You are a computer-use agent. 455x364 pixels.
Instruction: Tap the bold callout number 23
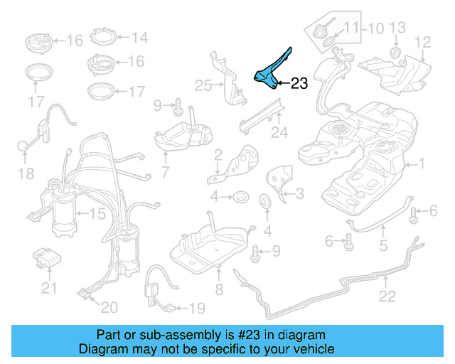pyautogui.click(x=299, y=84)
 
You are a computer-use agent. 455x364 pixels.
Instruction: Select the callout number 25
pyautogui.click(x=203, y=86)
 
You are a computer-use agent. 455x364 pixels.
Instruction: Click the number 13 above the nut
pyautogui.click(x=397, y=28)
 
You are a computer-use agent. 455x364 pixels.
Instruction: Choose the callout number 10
pyautogui.click(x=375, y=28)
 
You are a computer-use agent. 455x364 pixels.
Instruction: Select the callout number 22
pyautogui.click(x=387, y=297)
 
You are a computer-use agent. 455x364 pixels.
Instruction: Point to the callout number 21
pyautogui.click(x=48, y=288)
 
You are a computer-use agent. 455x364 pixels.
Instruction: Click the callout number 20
pyautogui.click(x=109, y=307)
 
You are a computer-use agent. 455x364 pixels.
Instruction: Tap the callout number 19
pyautogui.click(x=196, y=308)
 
